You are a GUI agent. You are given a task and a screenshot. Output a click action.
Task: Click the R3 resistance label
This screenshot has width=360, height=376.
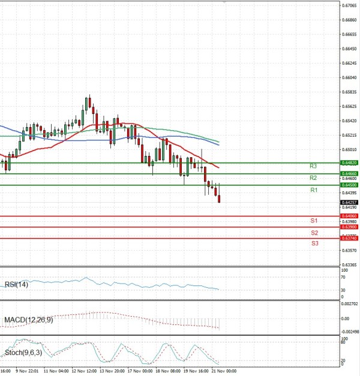point(313,166)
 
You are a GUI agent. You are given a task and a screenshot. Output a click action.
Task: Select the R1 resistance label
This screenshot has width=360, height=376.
point(313,190)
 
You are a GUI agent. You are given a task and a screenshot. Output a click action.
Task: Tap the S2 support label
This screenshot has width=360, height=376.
point(314,232)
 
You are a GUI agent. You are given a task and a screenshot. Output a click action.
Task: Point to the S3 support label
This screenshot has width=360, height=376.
point(314,243)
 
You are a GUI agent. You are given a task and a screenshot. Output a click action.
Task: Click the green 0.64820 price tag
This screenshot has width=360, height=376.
point(350,163)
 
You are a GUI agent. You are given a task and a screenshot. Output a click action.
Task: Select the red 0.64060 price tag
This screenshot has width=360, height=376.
point(350,216)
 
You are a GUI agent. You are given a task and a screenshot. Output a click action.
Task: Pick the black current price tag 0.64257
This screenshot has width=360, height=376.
point(350,202)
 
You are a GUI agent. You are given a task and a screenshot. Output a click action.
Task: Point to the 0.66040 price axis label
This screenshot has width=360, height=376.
point(349,78)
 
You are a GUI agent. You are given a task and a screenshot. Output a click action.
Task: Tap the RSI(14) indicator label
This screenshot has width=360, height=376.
point(16,284)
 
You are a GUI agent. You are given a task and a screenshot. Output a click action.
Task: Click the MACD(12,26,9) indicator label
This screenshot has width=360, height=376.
point(29,320)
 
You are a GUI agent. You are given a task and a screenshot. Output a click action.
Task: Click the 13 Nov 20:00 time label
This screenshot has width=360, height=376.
point(112,371)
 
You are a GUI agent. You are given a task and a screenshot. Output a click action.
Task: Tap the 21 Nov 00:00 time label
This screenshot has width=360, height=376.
point(222,371)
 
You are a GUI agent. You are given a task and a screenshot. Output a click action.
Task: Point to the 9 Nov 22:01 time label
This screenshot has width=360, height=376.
point(26,371)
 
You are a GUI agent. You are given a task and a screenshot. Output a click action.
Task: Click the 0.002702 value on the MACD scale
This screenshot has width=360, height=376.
point(350,305)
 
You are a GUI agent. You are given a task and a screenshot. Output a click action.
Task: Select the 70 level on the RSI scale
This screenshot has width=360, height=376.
point(343,278)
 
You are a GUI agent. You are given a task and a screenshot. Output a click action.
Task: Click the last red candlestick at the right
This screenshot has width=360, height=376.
point(219,198)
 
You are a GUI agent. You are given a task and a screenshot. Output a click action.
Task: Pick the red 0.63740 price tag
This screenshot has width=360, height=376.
point(350,239)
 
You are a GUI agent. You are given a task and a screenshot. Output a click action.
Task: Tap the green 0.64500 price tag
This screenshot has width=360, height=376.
point(350,185)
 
